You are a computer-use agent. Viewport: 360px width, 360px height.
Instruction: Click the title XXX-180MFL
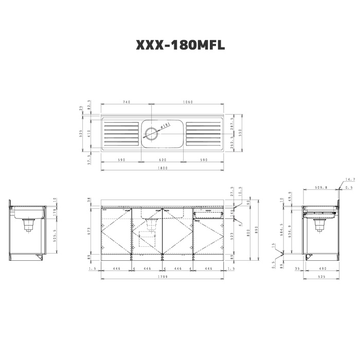180,46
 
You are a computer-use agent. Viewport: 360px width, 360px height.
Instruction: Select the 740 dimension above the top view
126,102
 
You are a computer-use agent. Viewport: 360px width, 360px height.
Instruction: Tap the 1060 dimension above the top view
188,102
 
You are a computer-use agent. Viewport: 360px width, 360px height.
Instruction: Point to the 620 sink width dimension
163,160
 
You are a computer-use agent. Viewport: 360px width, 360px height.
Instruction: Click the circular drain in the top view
152,133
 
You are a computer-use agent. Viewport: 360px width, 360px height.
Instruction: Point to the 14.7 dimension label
350,179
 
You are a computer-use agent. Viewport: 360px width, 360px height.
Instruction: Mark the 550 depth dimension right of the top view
232,133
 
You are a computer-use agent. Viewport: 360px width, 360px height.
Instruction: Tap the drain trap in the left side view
28,224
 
